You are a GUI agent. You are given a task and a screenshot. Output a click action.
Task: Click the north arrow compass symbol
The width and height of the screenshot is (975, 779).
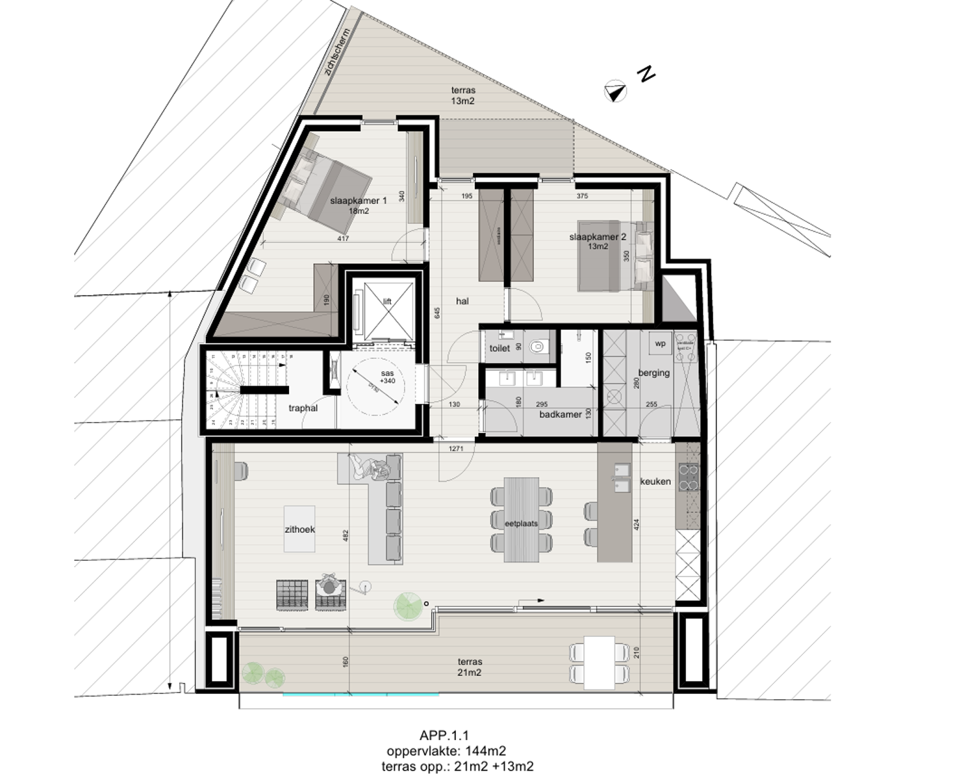(x=615, y=92)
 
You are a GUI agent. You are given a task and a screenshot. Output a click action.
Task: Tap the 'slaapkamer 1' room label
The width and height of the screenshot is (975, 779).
(x=358, y=201)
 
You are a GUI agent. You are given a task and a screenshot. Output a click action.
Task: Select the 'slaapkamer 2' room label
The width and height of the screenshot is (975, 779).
(x=598, y=238)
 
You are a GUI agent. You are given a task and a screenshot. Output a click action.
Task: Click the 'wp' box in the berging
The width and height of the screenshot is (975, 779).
(x=661, y=344)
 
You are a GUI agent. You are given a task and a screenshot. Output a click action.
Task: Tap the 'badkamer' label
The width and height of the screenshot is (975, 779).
(x=560, y=414)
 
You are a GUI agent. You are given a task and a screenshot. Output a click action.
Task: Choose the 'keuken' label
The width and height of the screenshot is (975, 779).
(x=655, y=482)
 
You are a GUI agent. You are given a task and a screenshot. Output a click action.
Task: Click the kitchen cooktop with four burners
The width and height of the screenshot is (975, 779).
(x=688, y=477)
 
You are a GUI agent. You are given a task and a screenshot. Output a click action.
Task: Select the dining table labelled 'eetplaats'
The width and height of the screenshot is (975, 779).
(x=522, y=520)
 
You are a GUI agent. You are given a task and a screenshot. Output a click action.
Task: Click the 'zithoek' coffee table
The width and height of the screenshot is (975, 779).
(x=299, y=528)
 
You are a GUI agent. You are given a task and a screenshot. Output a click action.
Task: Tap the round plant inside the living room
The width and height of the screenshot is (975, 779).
(x=407, y=606)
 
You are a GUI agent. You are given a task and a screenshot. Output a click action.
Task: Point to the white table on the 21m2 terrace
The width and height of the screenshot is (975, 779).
(x=599, y=663)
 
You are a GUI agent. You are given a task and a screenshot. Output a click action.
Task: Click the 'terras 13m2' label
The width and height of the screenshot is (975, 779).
(x=463, y=95)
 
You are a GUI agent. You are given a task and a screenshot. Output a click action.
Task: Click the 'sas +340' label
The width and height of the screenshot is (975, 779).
(x=387, y=377)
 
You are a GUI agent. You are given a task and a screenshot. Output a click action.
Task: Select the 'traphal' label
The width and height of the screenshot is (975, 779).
(x=303, y=408)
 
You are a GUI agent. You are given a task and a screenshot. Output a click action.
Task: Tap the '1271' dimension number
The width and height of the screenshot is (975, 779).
(x=456, y=448)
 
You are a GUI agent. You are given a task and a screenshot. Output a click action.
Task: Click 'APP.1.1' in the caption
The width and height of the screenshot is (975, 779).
(x=444, y=736)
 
